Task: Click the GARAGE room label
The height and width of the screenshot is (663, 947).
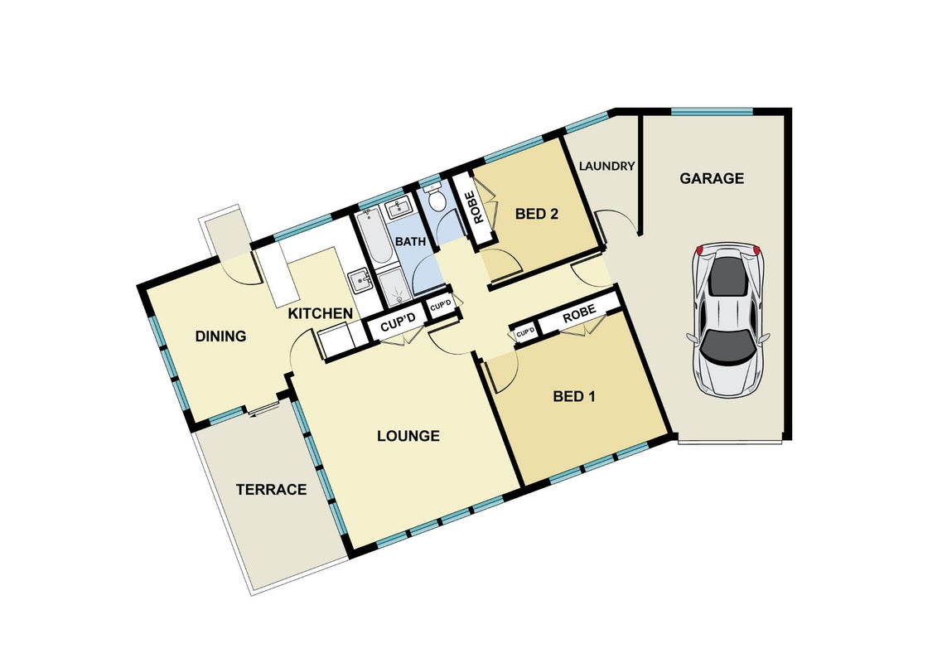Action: pyautogui.click(x=712, y=178)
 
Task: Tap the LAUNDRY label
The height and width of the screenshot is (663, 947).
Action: pyautogui.click(x=606, y=166)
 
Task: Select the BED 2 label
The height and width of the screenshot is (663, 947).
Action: pyautogui.click(x=536, y=213)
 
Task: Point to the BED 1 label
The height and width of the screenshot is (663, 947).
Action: pyautogui.click(x=574, y=396)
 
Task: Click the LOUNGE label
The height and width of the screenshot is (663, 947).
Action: pyautogui.click(x=408, y=436)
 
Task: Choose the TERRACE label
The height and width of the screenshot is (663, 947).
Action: pyautogui.click(x=271, y=490)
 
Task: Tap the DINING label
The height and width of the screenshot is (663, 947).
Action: pyautogui.click(x=220, y=336)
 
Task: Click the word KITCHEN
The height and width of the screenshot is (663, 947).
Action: pyautogui.click(x=320, y=313)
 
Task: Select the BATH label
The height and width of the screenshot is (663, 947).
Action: pyautogui.click(x=411, y=242)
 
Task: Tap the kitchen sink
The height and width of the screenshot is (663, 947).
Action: pyautogui.click(x=360, y=280)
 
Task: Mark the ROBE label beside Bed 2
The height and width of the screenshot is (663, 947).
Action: pyautogui.click(x=479, y=208)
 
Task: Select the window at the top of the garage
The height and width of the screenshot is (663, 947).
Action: pyautogui.click(x=712, y=112)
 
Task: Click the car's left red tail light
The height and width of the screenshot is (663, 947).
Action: pyautogui.click(x=699, y=250)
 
